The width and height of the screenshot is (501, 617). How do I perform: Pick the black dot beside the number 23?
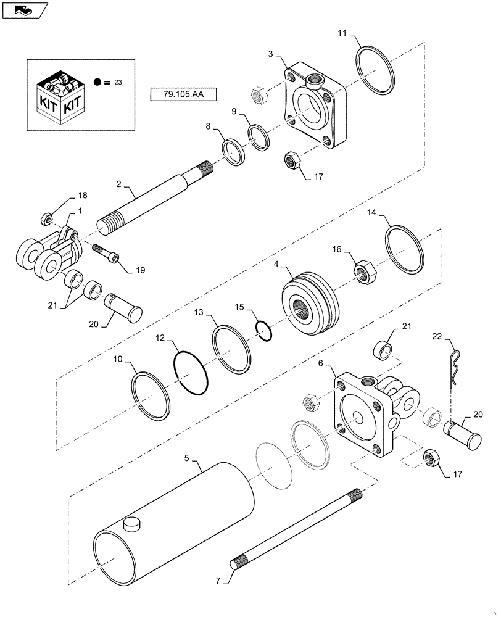(97, 81)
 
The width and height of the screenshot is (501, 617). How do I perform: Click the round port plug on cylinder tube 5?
(131, 524)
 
